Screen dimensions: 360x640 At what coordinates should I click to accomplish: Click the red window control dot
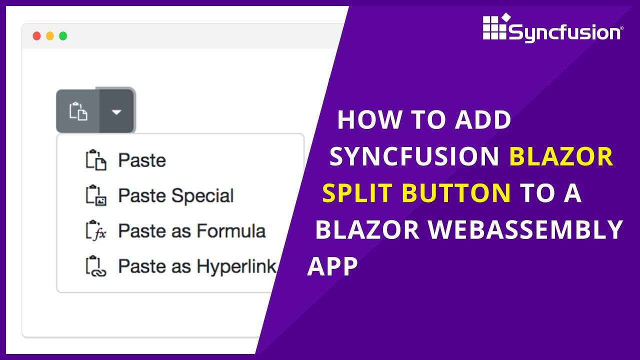pos(36,36)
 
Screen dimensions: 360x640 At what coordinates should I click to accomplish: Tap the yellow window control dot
pos(50,36)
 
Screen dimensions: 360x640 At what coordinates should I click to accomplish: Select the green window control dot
pos(63,36)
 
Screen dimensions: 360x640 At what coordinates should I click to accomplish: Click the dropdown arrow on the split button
pos(116,112)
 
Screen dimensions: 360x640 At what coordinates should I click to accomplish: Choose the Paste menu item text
pos(142,160)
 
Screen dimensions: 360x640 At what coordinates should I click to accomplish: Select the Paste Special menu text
pos(176,196)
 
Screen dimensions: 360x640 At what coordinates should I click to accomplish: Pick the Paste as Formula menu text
pos(191,231)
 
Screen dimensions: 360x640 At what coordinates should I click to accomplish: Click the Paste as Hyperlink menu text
pos(197,266)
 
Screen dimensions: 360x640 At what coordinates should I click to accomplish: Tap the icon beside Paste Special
pos(95,195)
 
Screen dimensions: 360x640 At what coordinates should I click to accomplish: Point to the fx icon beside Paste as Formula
pos(95,231)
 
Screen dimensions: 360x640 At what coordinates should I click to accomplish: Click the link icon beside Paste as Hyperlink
pos(95,266)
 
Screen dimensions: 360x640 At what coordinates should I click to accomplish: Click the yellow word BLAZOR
pos(561,157)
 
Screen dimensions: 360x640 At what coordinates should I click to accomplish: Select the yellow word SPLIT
pos(358,193)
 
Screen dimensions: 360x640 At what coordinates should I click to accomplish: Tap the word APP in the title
pos(332,266)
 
